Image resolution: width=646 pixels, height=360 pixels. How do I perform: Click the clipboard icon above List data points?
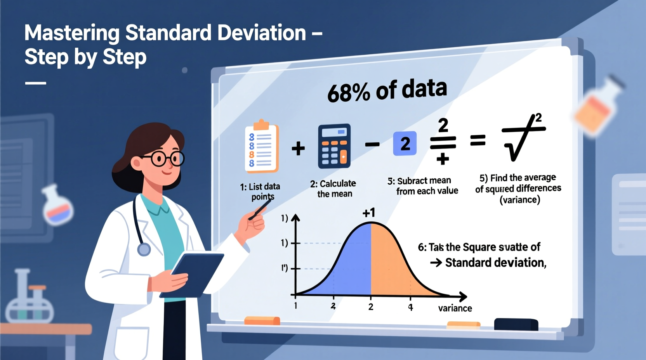(261, 148)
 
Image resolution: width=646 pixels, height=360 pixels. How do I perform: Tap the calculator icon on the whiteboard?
(334, 146)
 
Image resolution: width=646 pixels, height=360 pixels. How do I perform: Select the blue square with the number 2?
(405, 144)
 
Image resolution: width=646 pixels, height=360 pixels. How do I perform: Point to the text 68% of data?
(387, 91)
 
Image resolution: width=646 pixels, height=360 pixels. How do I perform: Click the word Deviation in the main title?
(262, 33)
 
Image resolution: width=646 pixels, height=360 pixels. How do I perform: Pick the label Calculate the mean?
(333, 189)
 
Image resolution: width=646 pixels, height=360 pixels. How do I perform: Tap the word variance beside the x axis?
(455, 308)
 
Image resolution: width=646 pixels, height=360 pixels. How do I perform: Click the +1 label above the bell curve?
(368, 213)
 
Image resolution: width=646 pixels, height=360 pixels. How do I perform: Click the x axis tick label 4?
(410, 307)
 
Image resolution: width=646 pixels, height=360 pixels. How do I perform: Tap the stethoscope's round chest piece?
(144, 249)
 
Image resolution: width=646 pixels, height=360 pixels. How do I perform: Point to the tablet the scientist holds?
(194, 273)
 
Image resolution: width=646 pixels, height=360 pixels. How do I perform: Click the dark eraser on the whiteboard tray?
(516, 324)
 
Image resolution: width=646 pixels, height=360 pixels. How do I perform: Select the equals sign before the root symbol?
(478, 140)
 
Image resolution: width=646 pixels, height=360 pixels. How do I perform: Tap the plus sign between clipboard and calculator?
(298, 148)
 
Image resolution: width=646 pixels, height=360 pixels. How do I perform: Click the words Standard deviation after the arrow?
(495, 263)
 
